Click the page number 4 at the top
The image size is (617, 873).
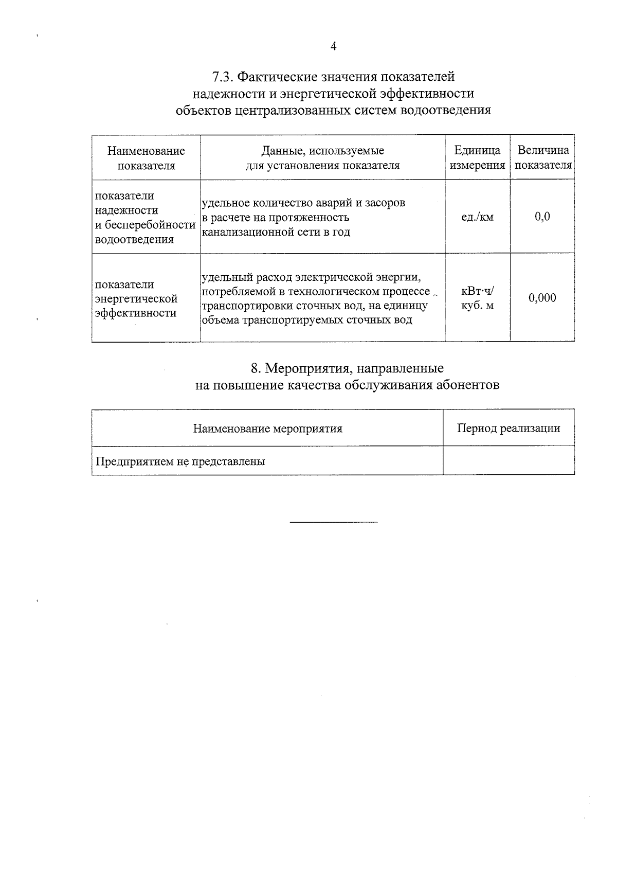(x=333, y=47)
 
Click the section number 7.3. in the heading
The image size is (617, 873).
(x=223, y=77)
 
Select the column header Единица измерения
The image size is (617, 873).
(x=477, y=158)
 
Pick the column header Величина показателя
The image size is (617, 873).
(x=543, y=158)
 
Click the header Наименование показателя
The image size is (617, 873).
(x=146, y=158)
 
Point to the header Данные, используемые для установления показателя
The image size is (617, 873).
(x=322, y=158)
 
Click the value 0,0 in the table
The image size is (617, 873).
(x=542, y=217)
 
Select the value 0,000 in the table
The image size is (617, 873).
(x=542, y=298)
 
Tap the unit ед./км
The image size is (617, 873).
(x=477, y=217)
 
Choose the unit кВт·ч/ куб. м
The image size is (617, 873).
(x=477, y=298)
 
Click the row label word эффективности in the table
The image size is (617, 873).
(x=136, y=313)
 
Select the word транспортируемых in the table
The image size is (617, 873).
(x=295, y=320)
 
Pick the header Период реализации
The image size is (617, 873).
(x=509, y=429)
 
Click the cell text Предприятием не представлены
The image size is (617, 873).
(x=180, y=461)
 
